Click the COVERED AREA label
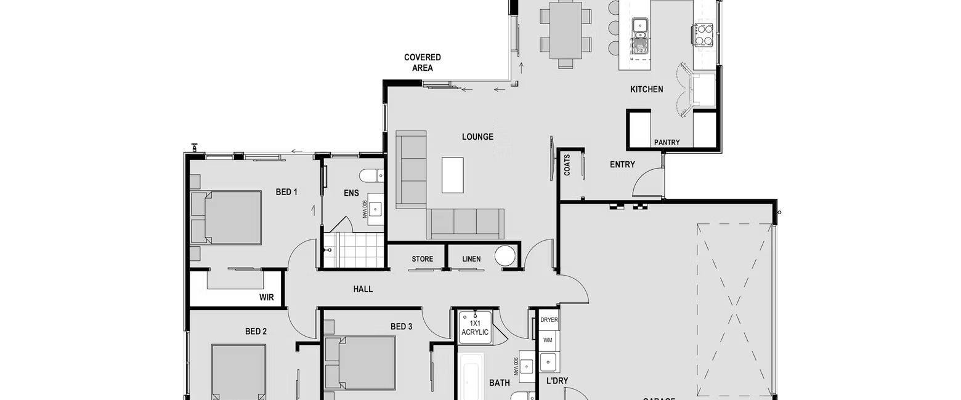423,63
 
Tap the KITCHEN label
646,90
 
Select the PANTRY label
667,143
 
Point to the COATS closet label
567,165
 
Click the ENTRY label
622,165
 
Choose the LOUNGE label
477,137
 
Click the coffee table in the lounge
452,175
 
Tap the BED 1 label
286,193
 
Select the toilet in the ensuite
371,176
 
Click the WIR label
266,298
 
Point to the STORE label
422,260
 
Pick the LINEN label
471,260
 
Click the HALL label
363,289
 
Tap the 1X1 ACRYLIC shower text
475,328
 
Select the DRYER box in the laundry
549,320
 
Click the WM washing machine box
548,340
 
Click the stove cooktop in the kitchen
704,34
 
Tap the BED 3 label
401,327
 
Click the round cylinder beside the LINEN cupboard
506,256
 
